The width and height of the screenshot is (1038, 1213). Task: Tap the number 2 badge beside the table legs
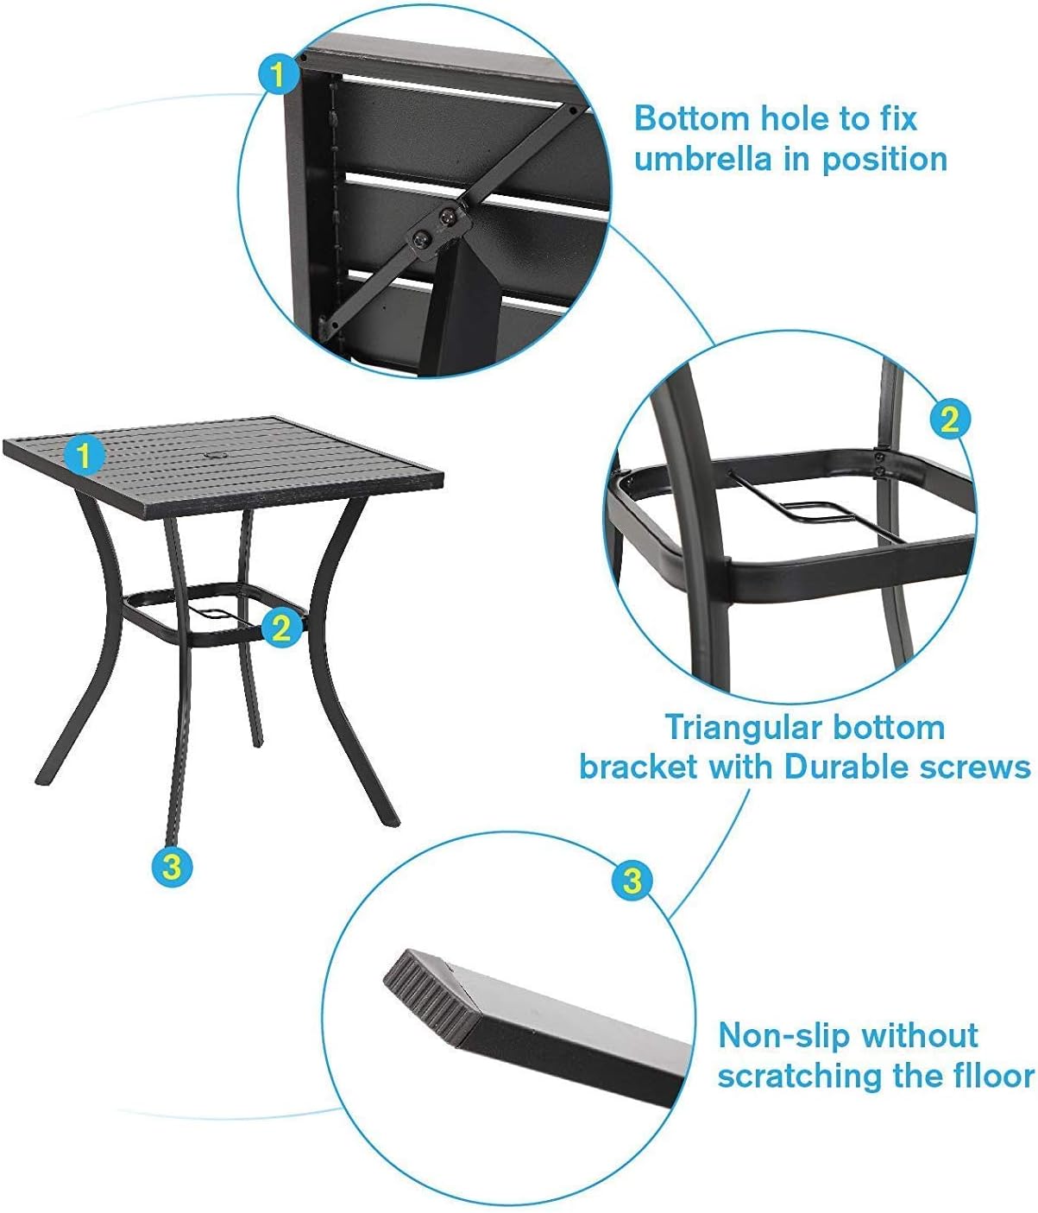pos(282,628)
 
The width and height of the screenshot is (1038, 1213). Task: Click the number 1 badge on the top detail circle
pos(279,74)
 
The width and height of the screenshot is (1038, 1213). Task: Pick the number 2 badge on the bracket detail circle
pos(950,419)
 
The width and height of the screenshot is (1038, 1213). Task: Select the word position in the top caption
pos(884,161)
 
